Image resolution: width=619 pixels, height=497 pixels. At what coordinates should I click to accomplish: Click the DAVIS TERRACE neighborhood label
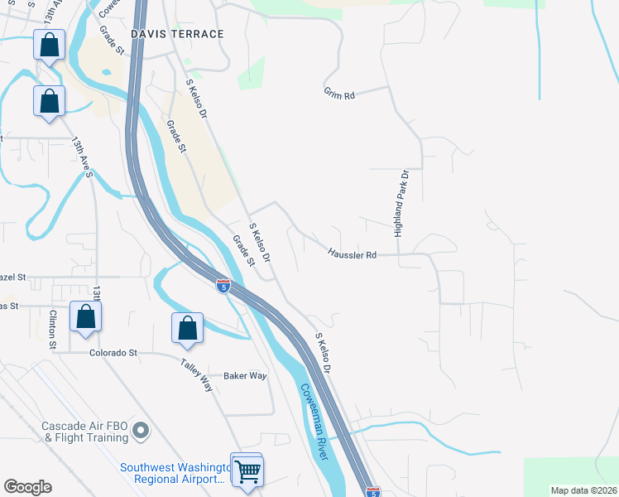[177, 34]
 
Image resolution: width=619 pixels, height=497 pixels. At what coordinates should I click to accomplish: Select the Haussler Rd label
[352, 254]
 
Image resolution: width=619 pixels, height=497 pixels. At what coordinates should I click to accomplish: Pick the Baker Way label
[245, 376]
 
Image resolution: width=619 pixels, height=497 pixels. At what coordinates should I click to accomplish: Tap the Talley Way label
[197, 374]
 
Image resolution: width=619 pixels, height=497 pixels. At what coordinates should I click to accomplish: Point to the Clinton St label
[53, 330]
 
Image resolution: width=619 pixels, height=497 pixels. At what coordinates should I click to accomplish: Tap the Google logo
[27, 487]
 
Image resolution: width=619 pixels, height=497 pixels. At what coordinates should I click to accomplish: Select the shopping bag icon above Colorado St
[85, 316]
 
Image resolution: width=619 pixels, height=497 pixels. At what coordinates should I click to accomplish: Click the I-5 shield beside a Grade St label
[223, 286]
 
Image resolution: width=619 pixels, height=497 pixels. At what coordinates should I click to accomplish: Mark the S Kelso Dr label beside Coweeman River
[324, 353]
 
